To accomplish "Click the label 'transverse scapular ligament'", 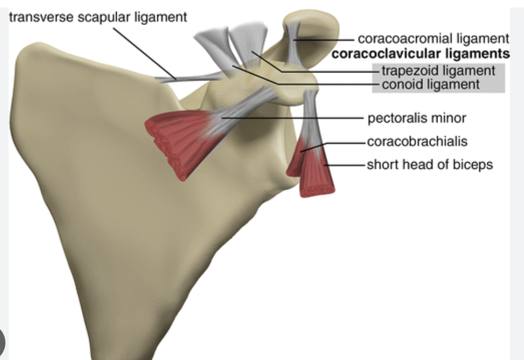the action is coord(98,17).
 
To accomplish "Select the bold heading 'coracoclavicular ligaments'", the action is coord(421,54).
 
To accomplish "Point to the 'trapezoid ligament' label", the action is coord(438,70).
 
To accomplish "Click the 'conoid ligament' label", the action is coord(431,84).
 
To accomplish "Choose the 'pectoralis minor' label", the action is coord(416,117).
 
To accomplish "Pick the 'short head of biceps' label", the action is coord(429,164).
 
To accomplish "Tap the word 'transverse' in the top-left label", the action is coord(33,17).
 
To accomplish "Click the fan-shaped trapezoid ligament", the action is coord(250,41).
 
